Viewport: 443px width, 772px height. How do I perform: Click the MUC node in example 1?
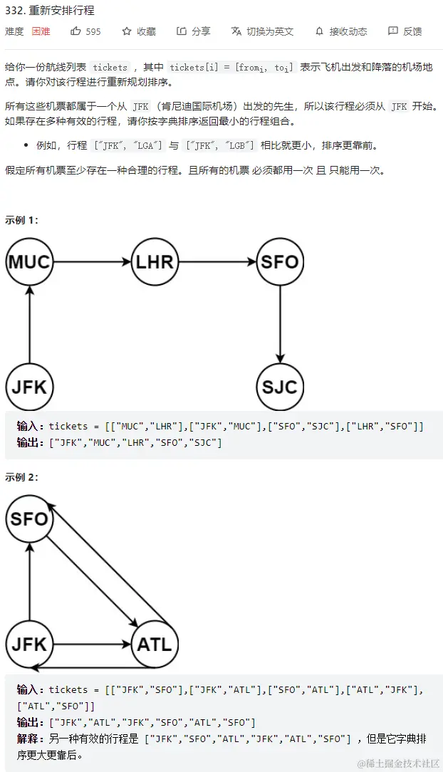[29, 261]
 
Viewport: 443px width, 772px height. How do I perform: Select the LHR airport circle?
[155, 261]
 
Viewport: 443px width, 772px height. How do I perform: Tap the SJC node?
[280, 387]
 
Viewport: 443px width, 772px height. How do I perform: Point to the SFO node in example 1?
[280, 261]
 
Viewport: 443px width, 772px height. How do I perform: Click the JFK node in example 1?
[29, 387]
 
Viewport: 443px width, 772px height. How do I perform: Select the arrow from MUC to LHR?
[92, 261]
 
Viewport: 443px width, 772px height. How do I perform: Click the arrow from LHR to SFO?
[217, 261]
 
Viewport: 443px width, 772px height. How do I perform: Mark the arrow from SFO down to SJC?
[280, 324]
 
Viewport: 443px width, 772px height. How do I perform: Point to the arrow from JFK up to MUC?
[29, 324]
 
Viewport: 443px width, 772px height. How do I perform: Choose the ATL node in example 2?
[154, 645]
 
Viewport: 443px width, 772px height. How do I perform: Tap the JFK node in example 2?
[29, 645]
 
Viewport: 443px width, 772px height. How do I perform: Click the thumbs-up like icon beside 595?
[76, 31]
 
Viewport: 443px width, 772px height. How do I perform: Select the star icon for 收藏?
[127, 31]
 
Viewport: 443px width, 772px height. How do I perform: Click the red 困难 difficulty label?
[41, 31]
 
